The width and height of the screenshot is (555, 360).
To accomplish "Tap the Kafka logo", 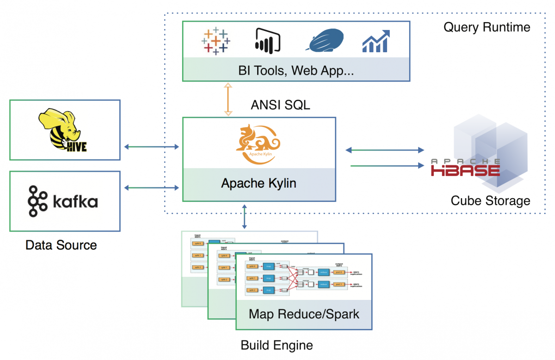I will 63,201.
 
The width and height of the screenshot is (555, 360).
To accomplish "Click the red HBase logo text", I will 466,168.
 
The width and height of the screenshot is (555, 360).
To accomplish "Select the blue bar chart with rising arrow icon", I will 376,41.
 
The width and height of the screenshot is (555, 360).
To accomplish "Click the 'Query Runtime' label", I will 487,27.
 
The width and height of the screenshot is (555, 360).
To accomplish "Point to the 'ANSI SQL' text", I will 280,105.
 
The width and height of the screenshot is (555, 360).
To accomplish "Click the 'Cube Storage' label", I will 490,201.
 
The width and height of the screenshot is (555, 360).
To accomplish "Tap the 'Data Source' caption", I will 61,245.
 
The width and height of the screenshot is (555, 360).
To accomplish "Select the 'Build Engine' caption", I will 277,345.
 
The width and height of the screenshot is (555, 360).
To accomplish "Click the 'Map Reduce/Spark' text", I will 304,314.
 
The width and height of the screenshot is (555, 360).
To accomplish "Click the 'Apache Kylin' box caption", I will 259,183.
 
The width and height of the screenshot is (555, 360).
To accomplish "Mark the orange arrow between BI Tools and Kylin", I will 228,99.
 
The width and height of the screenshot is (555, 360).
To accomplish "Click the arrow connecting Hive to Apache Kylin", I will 152,147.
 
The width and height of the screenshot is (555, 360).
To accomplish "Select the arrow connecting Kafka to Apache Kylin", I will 152,187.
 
